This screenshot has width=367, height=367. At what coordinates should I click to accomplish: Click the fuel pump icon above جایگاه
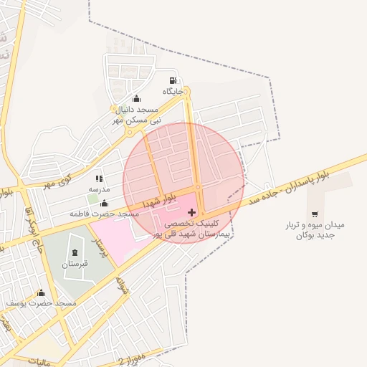tap(172, 80)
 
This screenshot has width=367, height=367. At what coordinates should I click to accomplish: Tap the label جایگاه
tap(173, 92)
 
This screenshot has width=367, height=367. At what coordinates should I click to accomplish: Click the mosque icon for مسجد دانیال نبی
tap(136, 98)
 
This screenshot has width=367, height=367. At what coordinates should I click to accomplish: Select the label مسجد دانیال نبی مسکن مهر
tap(136, 115)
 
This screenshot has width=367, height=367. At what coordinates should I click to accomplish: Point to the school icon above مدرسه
tap(98, 178)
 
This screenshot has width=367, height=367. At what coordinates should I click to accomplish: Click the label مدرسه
tap(98, 189)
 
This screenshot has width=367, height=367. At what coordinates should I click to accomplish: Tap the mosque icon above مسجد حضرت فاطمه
tap(105, 203)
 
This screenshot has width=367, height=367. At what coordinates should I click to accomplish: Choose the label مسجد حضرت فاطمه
tap(104, 214)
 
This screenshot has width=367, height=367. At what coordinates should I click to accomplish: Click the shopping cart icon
tap(315, 214)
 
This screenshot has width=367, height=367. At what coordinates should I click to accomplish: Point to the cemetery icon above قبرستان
tap(75, 252)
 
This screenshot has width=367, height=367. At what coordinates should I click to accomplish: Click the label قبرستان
tap(75, 264)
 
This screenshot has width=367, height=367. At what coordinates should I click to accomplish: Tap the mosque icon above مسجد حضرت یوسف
tap(41, 292)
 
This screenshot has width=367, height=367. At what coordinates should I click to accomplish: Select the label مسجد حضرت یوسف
tap(41, 304)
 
